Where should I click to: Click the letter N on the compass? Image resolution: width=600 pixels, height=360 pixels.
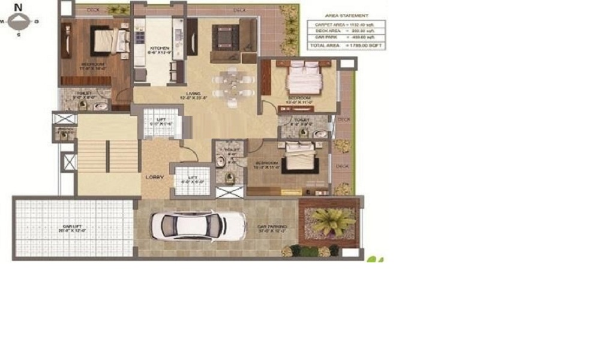19,7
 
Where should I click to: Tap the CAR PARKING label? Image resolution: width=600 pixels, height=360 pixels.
272,227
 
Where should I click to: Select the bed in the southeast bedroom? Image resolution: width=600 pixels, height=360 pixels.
299,157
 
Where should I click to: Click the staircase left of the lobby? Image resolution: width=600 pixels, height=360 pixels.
108,155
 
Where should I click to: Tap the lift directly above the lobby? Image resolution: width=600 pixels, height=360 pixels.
161,122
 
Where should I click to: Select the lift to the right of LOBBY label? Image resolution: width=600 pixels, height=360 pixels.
192,180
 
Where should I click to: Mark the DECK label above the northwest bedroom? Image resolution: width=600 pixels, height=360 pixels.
94,10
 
